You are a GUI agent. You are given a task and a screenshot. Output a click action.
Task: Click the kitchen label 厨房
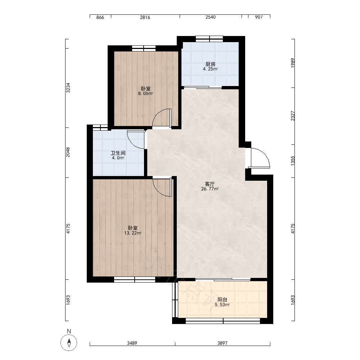coord(210,64)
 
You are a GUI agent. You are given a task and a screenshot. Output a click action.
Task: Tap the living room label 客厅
coord(210,184)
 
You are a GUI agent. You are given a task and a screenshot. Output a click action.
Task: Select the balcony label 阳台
coord(222,300)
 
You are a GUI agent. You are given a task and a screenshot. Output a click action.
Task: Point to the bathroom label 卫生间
coord(118,153)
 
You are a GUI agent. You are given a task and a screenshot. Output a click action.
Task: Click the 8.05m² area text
coord(145,94)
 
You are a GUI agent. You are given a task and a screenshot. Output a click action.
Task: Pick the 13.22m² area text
coord(133,233)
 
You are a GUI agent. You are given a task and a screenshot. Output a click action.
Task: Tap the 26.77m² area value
coord(210,189)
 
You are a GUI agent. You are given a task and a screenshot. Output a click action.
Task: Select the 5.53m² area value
coord(222,305)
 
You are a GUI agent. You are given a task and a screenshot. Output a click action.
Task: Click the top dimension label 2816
coord(145,17)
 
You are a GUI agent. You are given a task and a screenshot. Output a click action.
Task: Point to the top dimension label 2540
coord(211,17)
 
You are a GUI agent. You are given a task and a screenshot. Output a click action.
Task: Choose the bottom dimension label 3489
coord(132,343)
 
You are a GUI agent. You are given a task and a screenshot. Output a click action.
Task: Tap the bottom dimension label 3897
coord(222,343)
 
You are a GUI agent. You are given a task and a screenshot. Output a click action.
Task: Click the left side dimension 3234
coord(68,88)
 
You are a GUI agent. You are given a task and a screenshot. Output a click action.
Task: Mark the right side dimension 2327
coord(292,116)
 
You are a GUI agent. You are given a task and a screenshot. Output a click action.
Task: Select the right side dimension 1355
coord(292,161)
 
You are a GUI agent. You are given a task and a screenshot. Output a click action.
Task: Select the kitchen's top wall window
coord(210,39)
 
